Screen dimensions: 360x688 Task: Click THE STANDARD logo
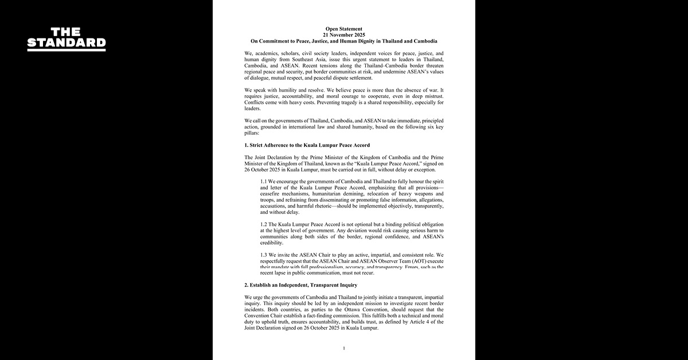(x=67, y=38)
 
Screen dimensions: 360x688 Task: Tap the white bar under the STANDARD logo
(x=67, y=50)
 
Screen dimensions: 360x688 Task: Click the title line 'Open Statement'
(x=343, y=29)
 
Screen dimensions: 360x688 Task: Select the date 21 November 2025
(x=343, y=35)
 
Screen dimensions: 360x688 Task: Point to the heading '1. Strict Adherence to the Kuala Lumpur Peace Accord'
(x=307, y=145)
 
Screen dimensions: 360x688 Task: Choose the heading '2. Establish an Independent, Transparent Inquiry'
(x=301, y=284)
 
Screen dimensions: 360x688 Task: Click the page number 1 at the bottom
(x=343, y=348)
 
